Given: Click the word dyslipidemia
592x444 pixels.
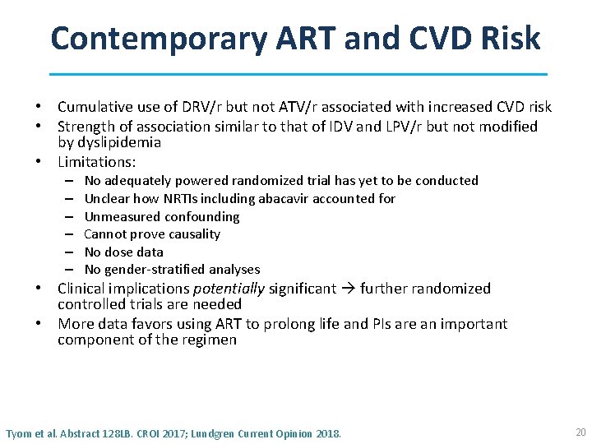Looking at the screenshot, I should (x=120, y=142).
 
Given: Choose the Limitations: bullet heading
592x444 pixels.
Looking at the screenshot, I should (x=96, y=162).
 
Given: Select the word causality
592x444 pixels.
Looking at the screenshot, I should (x=189, y=234).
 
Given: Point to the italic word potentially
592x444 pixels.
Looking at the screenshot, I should (x=228, y=289).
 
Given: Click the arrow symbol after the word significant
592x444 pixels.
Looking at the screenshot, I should (x=350, y=289).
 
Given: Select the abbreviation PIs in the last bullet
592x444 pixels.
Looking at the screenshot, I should (x=364, y=324).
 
